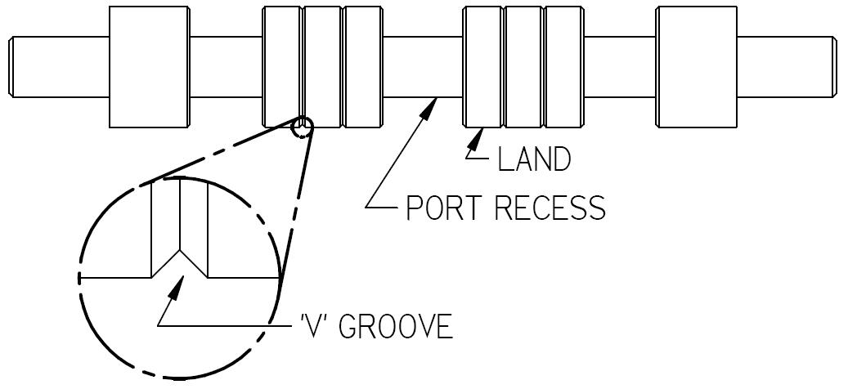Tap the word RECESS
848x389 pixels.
[556, 208]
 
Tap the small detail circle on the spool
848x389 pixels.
[303, 127]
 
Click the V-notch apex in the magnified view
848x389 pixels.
[180, 249]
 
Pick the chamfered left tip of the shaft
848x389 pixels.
[12, 67]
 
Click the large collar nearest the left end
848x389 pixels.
[150, 67]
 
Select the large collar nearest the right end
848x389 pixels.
[697, 67]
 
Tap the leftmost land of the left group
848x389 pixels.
[282, 67]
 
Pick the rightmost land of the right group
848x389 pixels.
[563, 67]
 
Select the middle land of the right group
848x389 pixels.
[523, 67]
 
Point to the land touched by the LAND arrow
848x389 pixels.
[482, 67]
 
